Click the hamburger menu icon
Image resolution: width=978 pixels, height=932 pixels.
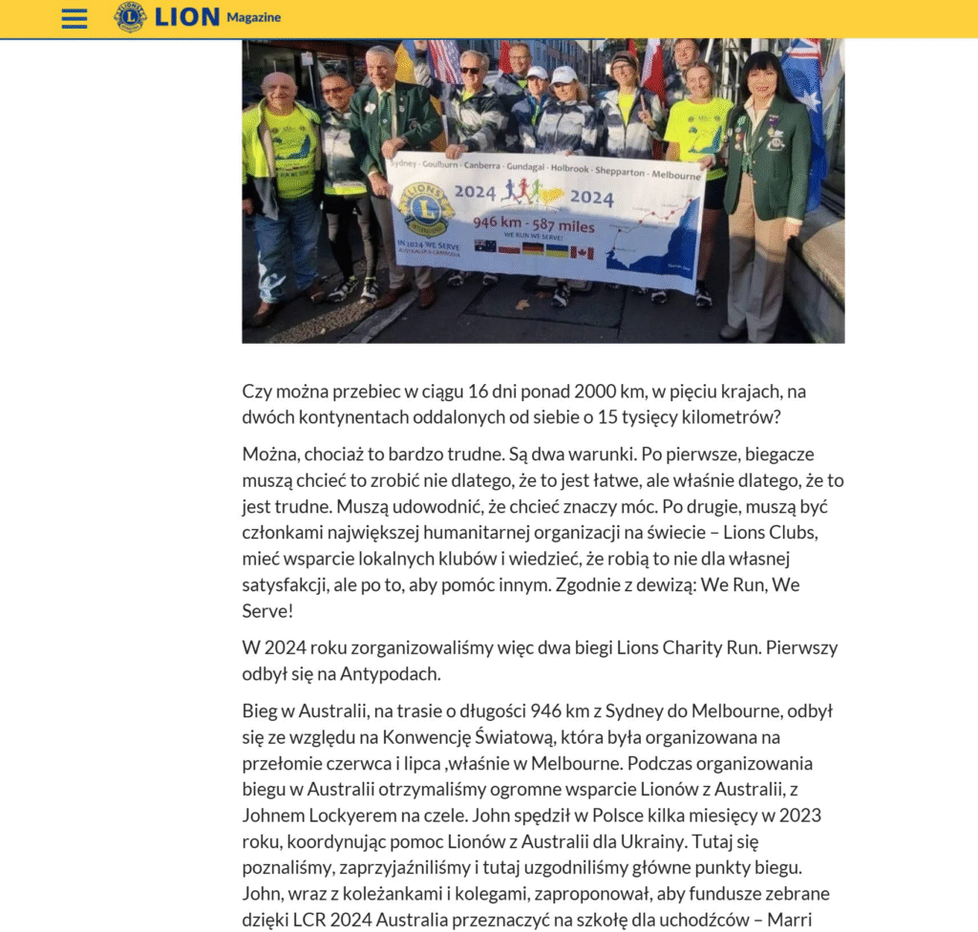point(74,18)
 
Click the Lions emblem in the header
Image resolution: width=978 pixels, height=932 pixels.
point(130,17)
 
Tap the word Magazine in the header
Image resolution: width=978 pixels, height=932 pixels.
point(253,17)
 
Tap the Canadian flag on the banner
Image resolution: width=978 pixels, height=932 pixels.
point(583,253)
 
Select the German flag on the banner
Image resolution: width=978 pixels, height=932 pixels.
point(532,249)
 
